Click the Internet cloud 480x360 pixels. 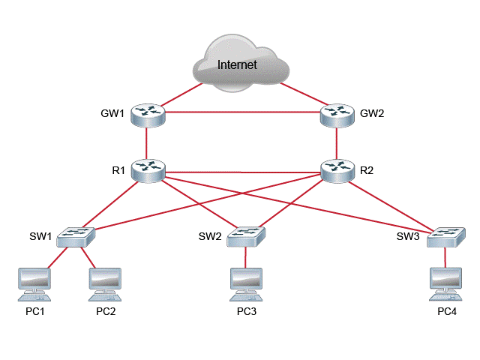238,65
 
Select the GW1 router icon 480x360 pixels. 148,114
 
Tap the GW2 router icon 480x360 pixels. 337,114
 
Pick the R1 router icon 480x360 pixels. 148,169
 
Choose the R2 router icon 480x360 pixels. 337,169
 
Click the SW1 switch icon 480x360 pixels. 76,236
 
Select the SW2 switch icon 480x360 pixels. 245,236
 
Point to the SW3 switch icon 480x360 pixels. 446,237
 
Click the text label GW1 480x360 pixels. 112,115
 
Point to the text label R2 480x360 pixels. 367,170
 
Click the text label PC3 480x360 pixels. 247,311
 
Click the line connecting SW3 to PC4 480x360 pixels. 446,257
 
